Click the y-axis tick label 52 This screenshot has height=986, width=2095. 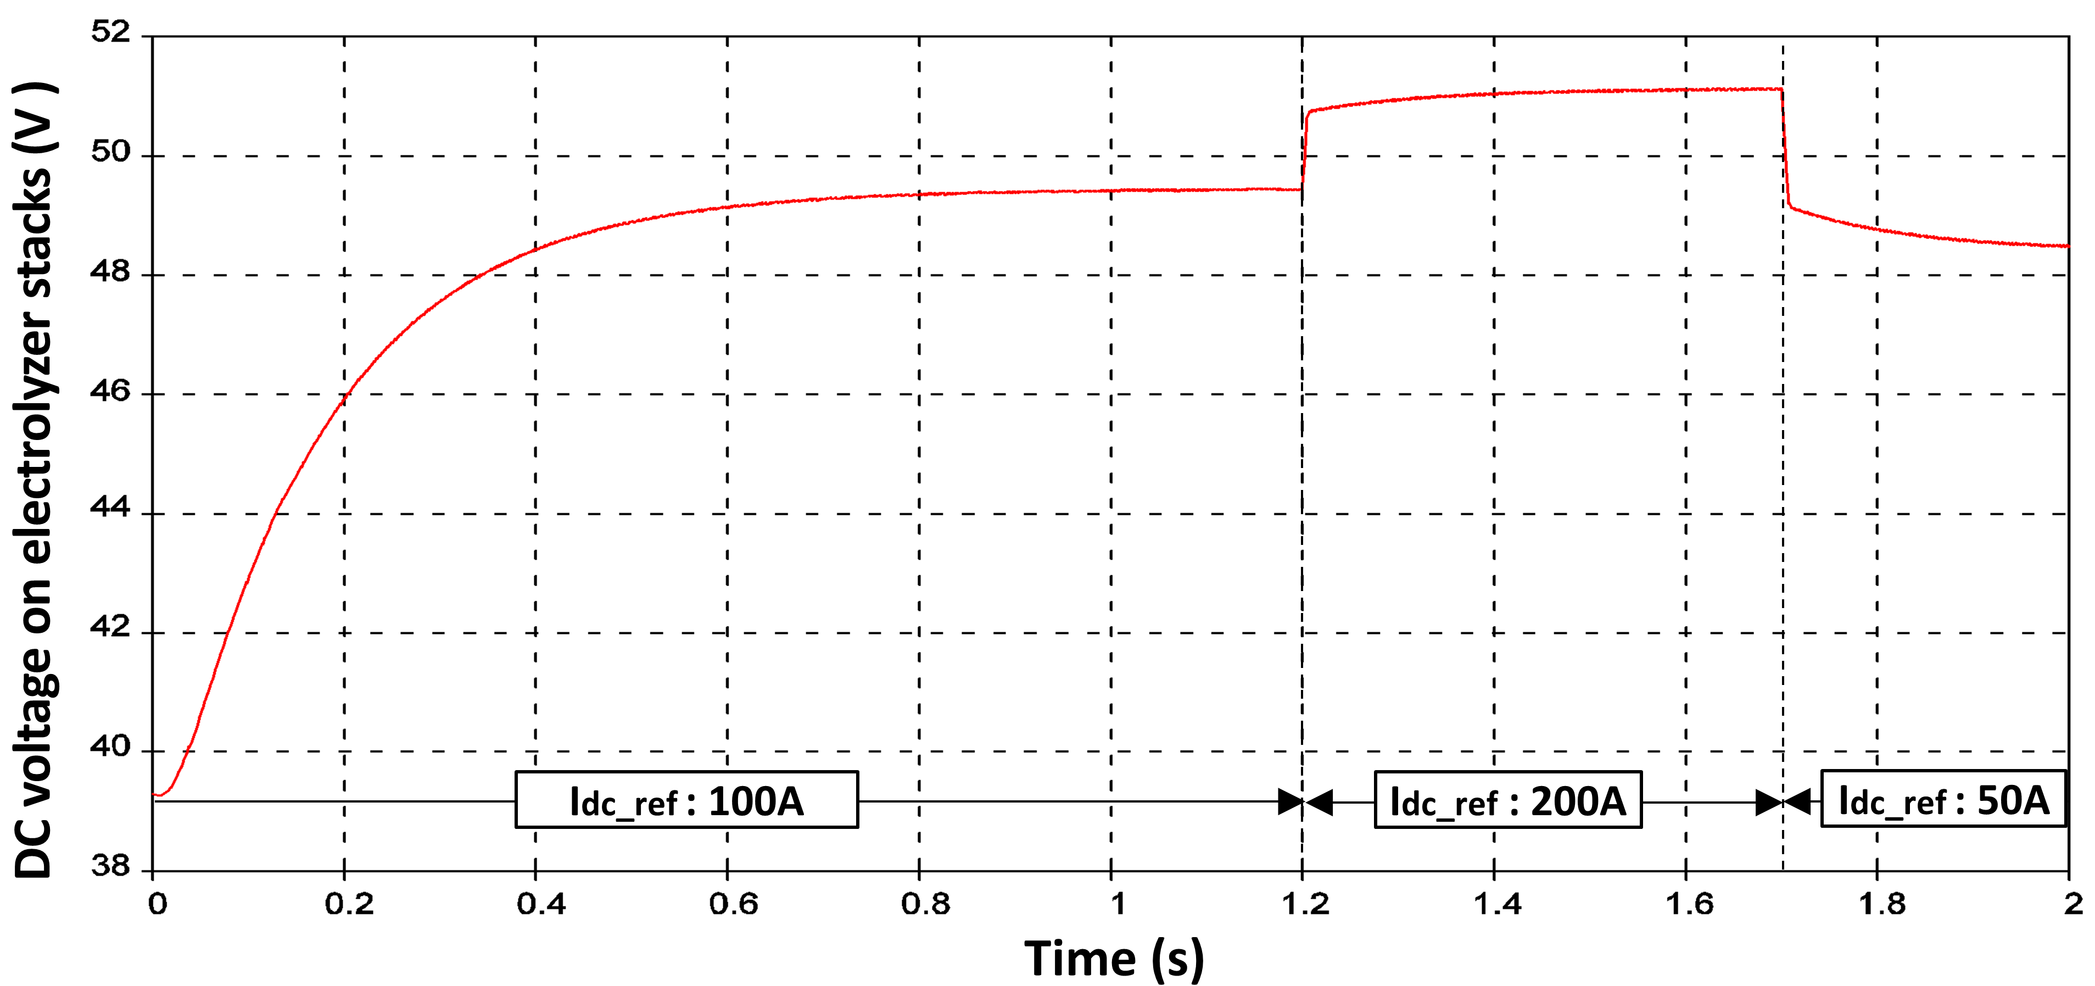(x=110, y=32)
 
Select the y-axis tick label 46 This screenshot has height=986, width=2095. (x=110, y=391)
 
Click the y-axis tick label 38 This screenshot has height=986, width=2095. (x=110, y=866)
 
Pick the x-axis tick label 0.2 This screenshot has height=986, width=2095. (x=349, y=904)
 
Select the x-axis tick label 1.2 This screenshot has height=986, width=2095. (x=1305, y=904)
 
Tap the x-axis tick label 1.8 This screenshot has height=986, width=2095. (x=1882, y=904)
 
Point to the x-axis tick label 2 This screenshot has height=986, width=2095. (x=2073, y=904)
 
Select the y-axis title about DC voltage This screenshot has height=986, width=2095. (x=34, y=480)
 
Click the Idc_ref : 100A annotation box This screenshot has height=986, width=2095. (x=686, y=800)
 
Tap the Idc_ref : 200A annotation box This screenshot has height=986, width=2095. (x=1508, y=800)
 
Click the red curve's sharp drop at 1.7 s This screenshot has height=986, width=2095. (x=1785, y=147)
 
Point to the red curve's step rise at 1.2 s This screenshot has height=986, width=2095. (x=1304, y=151)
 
